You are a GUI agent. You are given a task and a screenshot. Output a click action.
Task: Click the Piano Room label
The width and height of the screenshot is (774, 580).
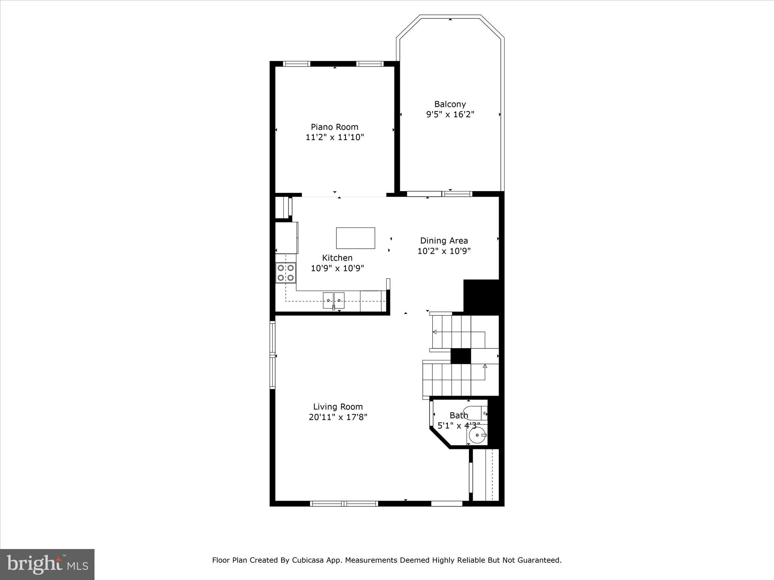click(x=334, y=127)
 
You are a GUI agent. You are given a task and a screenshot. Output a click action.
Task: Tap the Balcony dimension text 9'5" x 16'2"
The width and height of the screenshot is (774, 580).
click(x=450, y=114)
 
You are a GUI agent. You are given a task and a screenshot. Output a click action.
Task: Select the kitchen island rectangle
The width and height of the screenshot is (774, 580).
click(x=356, y=238)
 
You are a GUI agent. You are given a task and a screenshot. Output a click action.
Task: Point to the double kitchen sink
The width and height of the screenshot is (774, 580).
click(x=333, y=300)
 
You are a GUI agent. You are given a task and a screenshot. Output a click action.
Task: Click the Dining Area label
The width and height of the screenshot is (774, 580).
click(x=444, y=241)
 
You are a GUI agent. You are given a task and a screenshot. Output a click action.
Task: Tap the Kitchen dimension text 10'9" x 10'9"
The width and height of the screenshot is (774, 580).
click(x=337, y=268)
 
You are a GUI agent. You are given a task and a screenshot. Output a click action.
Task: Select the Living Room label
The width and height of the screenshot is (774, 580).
click(x=337, y=407)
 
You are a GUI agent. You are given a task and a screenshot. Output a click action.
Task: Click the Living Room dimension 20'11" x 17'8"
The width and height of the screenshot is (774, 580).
click(x=337, y=417)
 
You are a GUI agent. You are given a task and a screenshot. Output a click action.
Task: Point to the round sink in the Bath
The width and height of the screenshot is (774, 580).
click(x=478, y=435)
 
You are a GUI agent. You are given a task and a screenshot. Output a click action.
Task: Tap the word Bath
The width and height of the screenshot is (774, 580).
click(x=458, y=415)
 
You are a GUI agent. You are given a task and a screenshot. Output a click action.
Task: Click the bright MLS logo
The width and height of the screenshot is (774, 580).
click(x=47, y=564)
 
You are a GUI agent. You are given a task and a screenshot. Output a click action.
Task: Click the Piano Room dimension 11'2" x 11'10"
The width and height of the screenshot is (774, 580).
click(x=334, y=137)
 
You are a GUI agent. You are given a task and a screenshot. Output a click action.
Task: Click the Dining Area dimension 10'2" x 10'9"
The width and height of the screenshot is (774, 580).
click(x=444, y=251)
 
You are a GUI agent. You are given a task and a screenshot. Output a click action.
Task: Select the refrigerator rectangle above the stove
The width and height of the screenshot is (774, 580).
click(x=286, y=238)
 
